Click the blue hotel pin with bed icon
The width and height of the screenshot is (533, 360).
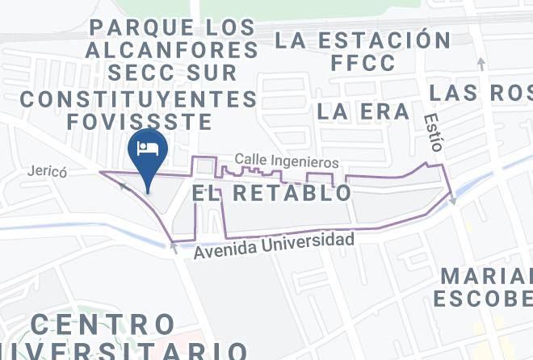(x=147, y=151)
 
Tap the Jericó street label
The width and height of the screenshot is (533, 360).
(x=45, y=172)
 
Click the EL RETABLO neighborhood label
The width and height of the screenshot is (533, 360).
(x=273, y=193)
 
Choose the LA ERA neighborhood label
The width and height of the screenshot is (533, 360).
(x=363, y=111)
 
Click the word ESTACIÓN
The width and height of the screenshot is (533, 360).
(x=384, y=39)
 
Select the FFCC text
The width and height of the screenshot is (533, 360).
(x=363, y=62)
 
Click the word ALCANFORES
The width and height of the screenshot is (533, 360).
(x=170, y=50)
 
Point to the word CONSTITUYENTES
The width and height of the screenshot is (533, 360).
(x=138, y=100)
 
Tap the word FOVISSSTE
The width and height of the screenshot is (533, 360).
(x=140, y=122)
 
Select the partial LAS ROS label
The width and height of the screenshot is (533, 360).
(x=481, y=92)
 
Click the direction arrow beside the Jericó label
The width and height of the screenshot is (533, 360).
(x=124, y=186)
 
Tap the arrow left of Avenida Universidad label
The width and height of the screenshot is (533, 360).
(x=174, y=249)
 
